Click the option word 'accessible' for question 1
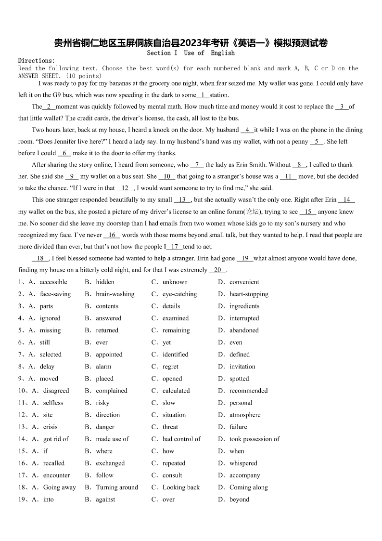click(x=53, y=282)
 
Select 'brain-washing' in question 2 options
click(x=115, y=294)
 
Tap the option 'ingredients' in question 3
click(x=244, y=306)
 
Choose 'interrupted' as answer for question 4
click(x=244, y=318)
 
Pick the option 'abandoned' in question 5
click(x=244, y=330)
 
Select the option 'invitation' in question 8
click(x=242, y=366)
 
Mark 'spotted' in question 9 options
click(x=239, y=379)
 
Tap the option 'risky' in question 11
click(x=102, y=403)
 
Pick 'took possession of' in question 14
click(x=254, y=439)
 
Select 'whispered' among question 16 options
click(x=243, y=463)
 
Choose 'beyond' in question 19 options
click(x=239, y=499)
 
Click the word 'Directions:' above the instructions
click(x=37, y=61)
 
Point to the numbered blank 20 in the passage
click(x=217, y=270)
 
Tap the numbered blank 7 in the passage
click(x=197, y=165)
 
